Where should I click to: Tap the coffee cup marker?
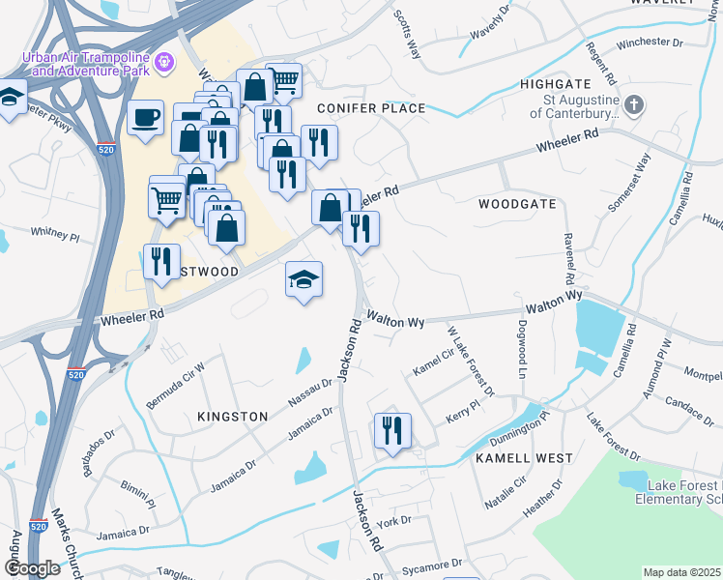point(145,118)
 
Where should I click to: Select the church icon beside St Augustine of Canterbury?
point(633,104)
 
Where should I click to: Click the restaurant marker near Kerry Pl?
point(392,430)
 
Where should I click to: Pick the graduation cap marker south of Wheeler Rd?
point(304,280)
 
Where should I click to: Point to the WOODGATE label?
point(517,204)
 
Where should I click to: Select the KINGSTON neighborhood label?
point(232,416)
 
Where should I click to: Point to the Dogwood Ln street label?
point(522,349)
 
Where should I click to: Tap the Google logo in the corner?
point(33,568)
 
